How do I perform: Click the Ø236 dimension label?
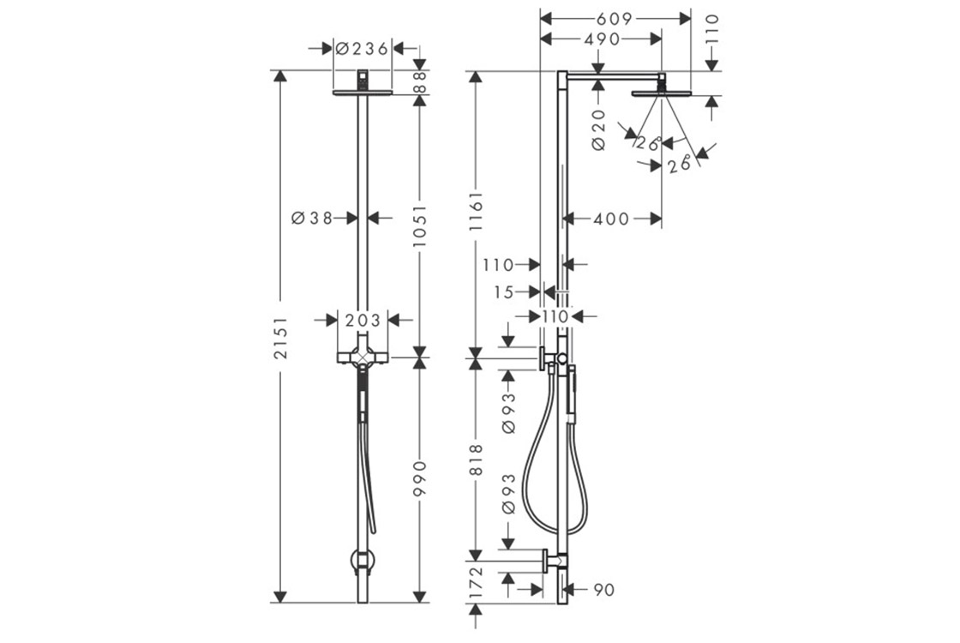[363, 49]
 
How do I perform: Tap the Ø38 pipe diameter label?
[312, 218]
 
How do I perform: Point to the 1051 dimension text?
[419, 226]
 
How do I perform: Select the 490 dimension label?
[602, 39]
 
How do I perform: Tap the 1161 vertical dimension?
[476, 212]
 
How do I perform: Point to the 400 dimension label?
[611, 219]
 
